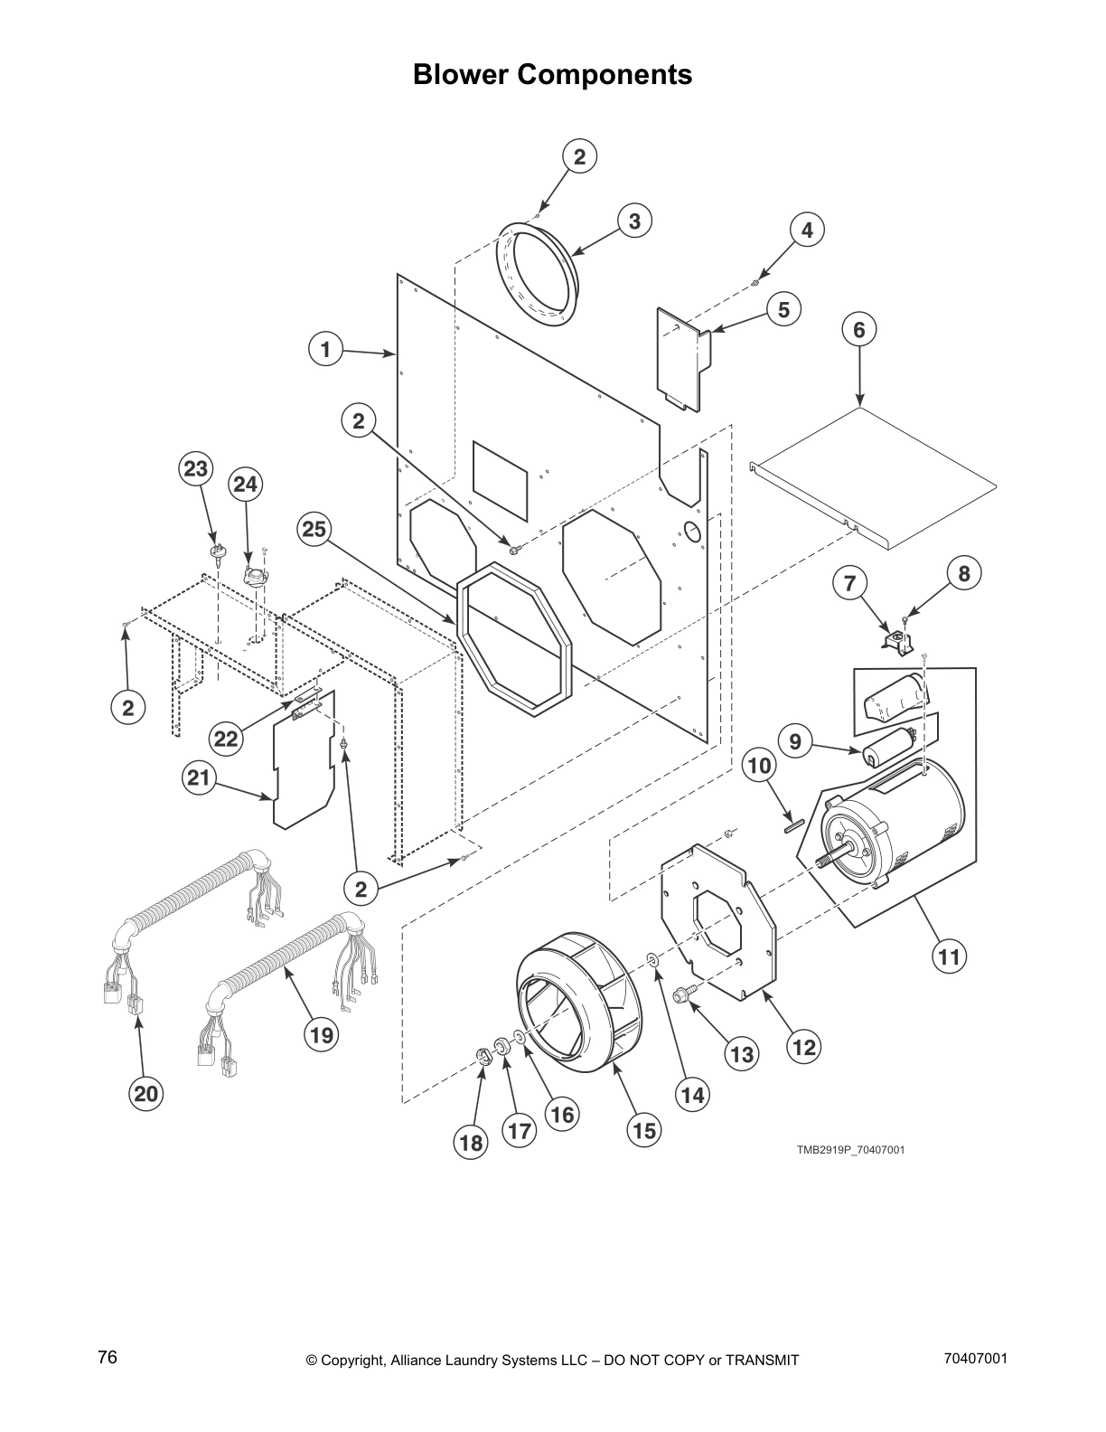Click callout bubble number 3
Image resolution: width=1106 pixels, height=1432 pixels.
(x=635, y=221)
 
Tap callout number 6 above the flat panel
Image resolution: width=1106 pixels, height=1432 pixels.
(x=858, y=330)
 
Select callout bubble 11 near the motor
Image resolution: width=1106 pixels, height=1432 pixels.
(x=949, y=956)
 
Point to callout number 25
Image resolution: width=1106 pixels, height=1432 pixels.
(x=314, y=529)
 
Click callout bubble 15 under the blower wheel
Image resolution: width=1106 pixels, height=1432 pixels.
(x=644, y=1129)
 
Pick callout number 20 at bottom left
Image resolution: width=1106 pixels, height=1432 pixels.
(x=145, y=1095)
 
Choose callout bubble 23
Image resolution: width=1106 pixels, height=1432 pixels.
(x=196, y=469)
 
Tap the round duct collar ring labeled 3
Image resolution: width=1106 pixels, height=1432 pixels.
(x=538, y=271)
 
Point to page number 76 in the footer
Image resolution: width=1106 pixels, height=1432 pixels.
(x=108, y=1358)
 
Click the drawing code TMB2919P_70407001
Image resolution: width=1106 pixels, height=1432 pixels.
(x=849, y=1150)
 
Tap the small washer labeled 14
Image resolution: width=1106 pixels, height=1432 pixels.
(x=652, y=958)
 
